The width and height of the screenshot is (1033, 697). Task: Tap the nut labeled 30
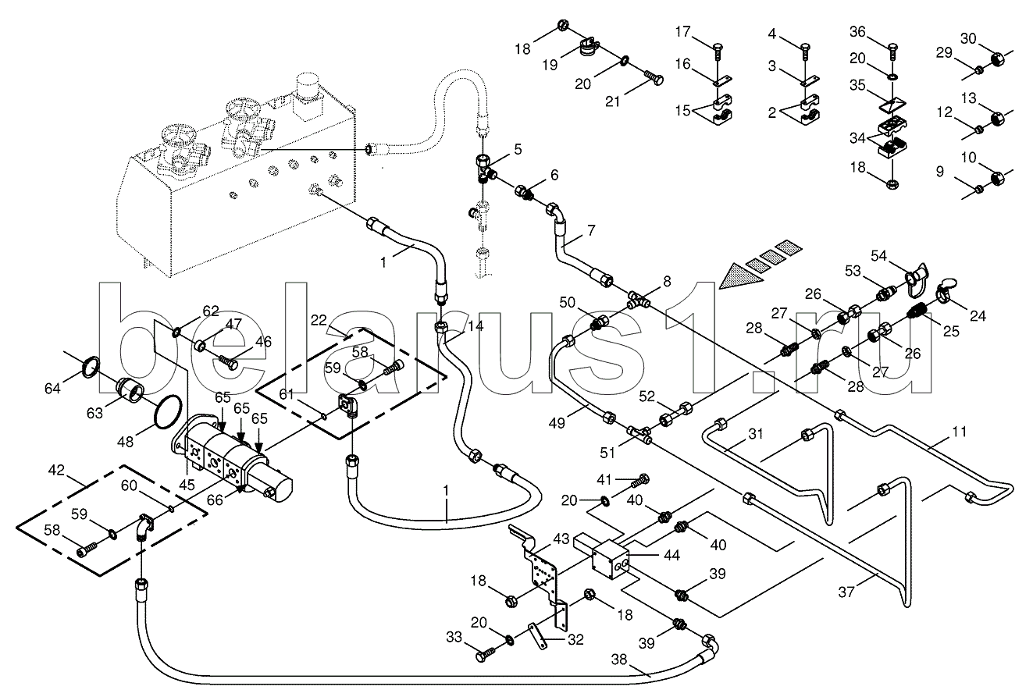coord(997,59)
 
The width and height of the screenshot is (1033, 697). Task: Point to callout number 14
coord(476,328)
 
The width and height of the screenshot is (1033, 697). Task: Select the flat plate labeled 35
coord(892,104)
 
